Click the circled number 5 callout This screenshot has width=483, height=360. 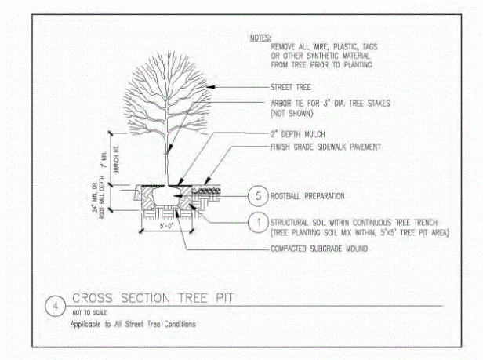click(257, 195)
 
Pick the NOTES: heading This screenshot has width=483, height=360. click(260, 37)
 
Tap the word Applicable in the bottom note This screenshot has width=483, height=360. click(87, 323)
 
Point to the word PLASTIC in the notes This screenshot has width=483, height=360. click(343, 46)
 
